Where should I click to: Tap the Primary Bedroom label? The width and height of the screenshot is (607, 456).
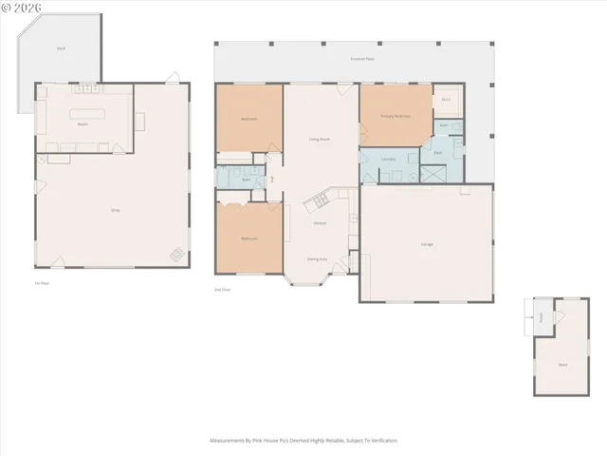point(395,116)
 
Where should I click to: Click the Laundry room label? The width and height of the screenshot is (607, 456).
point(388,159)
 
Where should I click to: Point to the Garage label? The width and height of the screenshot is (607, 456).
point(427,244)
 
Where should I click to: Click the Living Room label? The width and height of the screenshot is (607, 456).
point(320,139)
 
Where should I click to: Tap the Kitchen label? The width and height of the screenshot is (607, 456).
point(320,223)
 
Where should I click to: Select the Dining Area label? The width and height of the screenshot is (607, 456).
point(317,258)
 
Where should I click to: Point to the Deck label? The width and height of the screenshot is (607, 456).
point(61,47)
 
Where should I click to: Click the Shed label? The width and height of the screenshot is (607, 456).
point(562,364)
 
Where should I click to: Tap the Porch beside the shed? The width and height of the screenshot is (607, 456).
point(541,317)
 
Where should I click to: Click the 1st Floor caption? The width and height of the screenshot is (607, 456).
point(41,283)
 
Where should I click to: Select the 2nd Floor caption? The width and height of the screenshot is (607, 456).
point(222,289)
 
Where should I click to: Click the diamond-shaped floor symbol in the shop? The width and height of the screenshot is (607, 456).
point(176,254)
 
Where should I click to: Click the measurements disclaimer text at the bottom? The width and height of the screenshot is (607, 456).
point(303,441)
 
